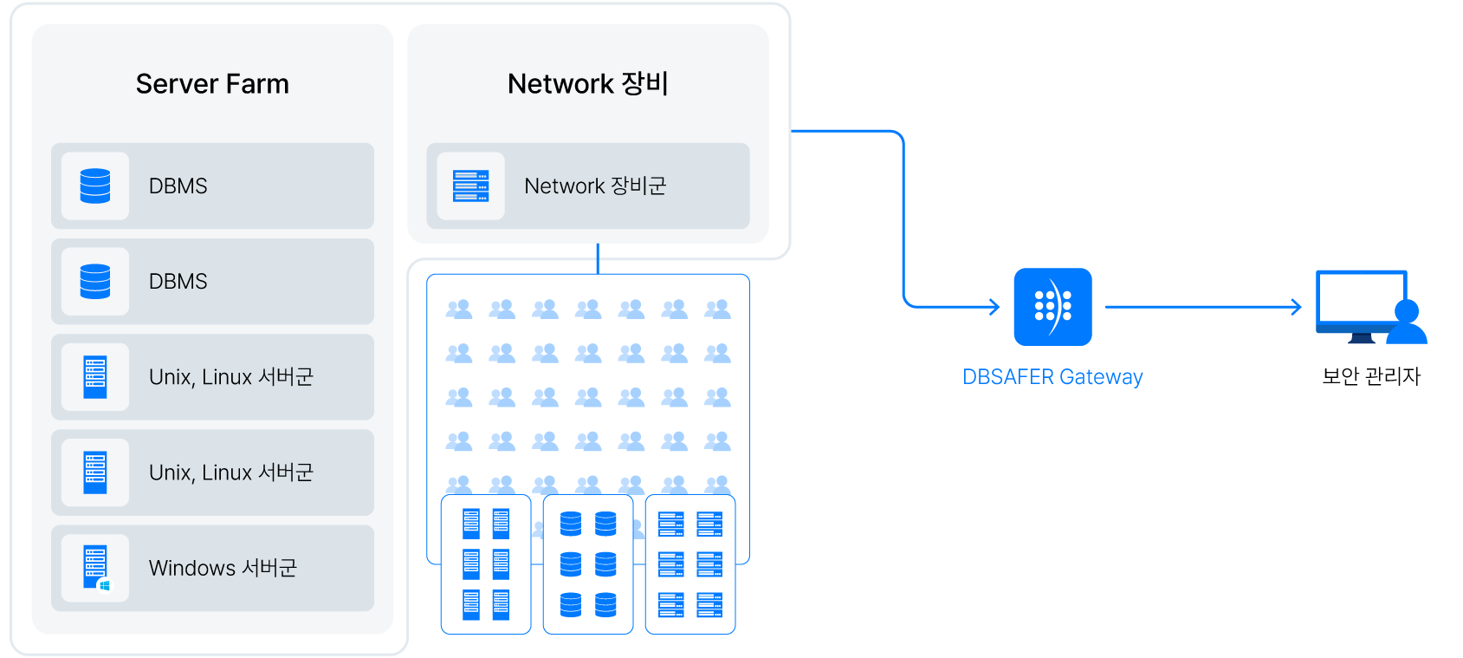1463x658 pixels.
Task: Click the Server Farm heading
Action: [212, 84]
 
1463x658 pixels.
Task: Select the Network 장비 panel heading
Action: [587, 84]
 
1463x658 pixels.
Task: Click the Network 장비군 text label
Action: [595, 186]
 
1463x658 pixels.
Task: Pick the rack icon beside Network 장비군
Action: [470, 186]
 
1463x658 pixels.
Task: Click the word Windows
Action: [191, 568]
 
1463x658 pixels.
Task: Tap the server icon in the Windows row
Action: [94, 566]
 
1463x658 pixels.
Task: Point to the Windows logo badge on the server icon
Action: [106, 586]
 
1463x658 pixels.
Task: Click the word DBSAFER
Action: [1007, 377]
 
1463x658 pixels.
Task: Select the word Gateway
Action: [1101, 377]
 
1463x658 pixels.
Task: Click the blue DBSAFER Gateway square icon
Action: [1052, 307]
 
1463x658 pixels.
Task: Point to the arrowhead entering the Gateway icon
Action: [996, 306]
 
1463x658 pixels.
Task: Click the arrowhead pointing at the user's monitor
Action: [1297, 306]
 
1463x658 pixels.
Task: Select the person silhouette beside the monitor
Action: [1407, 324]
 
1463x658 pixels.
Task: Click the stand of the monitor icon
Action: [1362, 339]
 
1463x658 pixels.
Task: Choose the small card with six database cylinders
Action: [588, 564]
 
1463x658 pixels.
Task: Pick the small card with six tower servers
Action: [486, 564]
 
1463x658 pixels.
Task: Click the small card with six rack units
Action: [690, 564]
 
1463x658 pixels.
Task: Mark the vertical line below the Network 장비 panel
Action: [598, 258]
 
